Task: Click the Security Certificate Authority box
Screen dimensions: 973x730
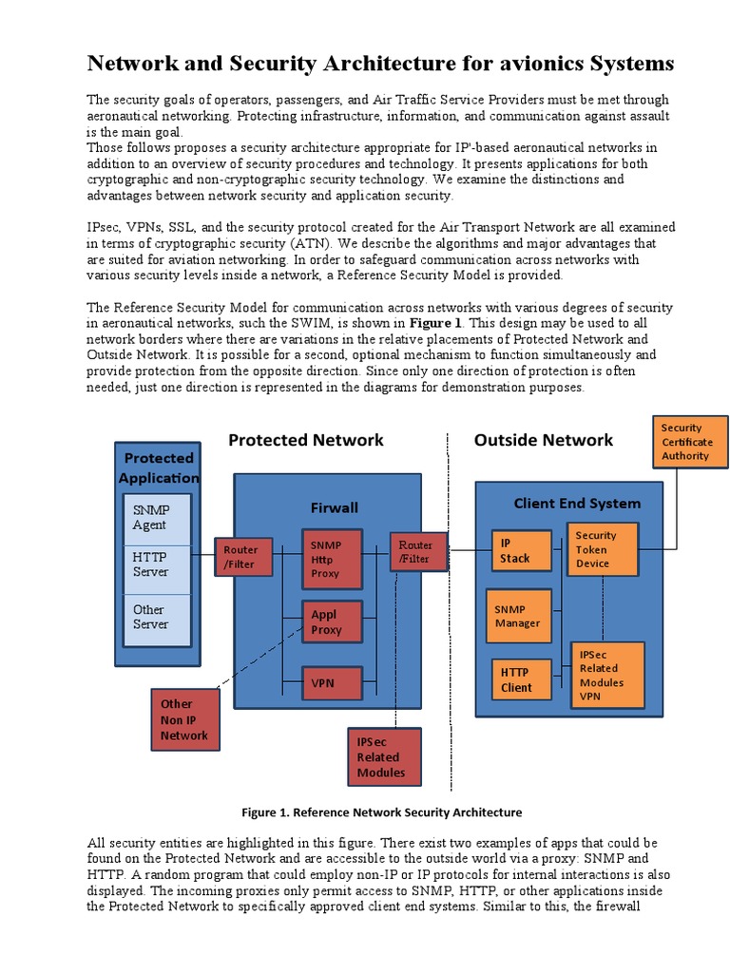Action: (x=690, y=442)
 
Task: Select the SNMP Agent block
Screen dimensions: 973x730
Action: (x=152, y=518)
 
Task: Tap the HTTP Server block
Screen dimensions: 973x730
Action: (x=152, y=564)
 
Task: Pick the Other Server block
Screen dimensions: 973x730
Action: (x=152, y=618)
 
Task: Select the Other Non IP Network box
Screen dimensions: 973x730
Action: (x=185, y=719)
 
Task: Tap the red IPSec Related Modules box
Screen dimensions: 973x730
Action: (x=386, y=757)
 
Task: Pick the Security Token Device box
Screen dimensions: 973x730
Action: (x=602, y=549)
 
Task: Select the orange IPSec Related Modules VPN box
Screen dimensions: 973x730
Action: (x=606, y=675)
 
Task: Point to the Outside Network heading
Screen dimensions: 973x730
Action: (x=543, y=440)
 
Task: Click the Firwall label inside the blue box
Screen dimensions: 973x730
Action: (x=334, y=507)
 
